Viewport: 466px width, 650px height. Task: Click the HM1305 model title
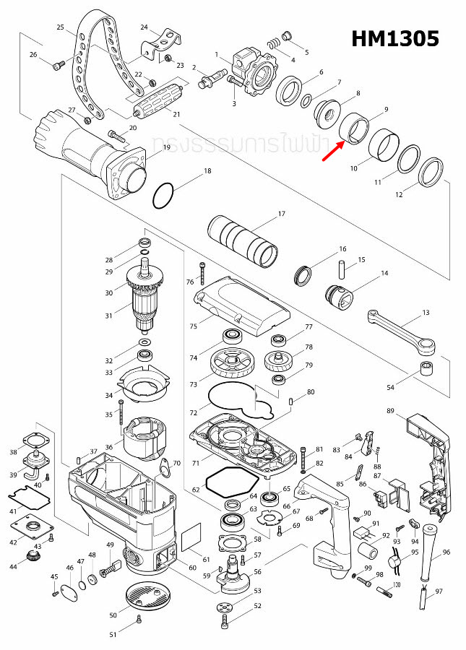point(395,38)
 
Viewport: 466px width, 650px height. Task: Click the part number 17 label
point(282,214)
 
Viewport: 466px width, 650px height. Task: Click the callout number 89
point(390,411)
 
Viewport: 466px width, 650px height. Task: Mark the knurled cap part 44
point(32,557)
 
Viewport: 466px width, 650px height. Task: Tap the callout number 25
point(61,27)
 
